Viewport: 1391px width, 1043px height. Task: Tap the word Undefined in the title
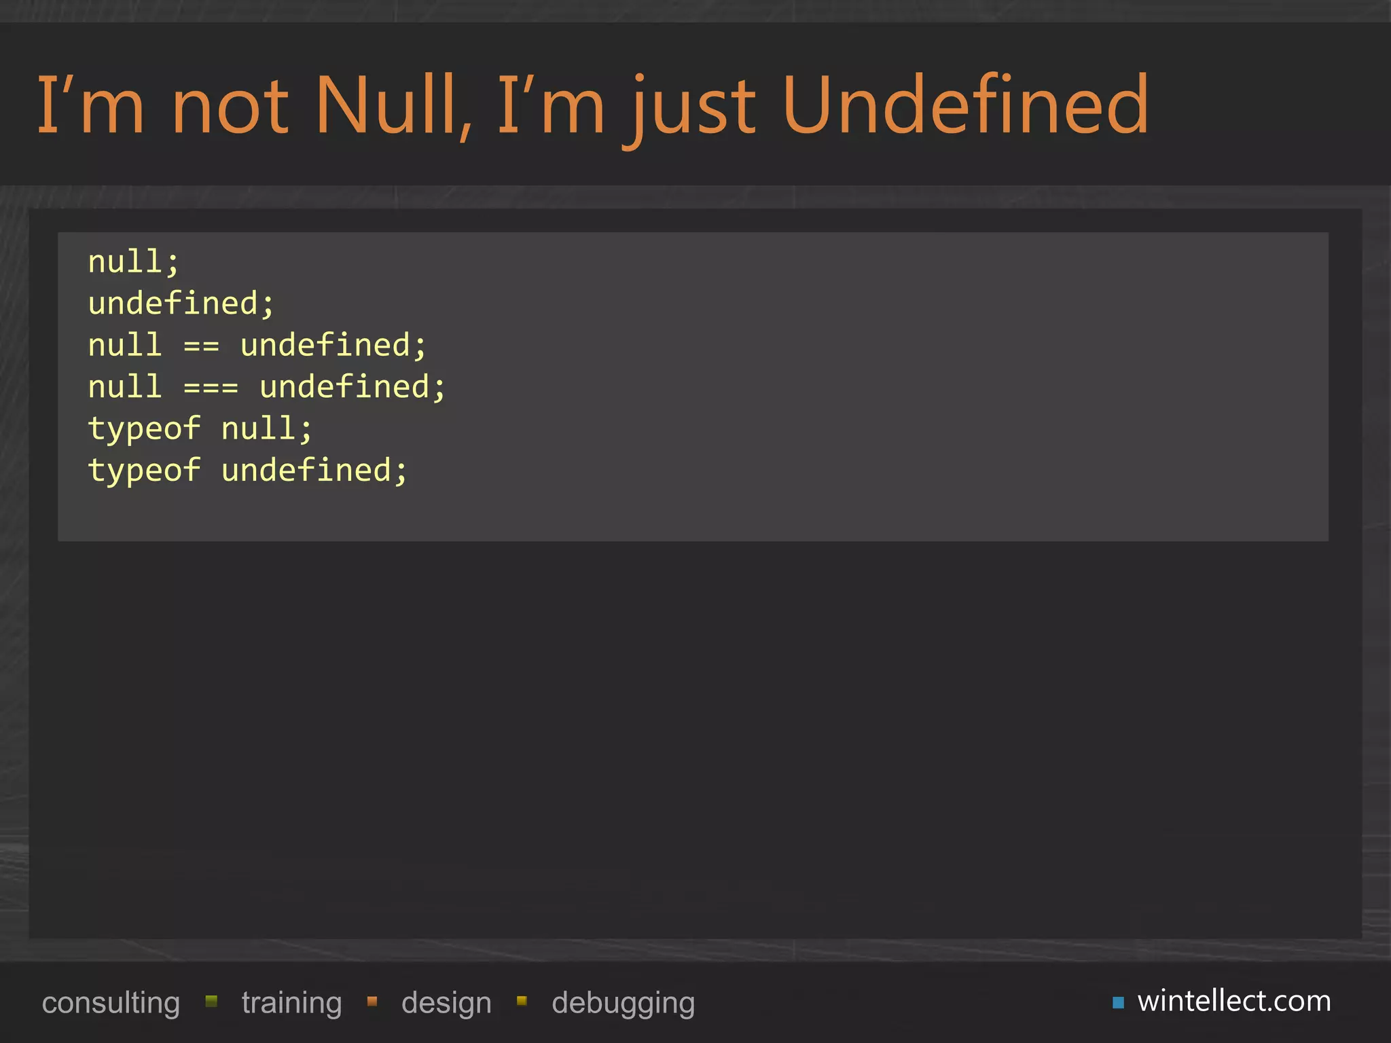(965, 105)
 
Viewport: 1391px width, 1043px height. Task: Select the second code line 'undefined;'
(181, 304)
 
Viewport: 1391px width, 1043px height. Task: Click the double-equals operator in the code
(202, 346)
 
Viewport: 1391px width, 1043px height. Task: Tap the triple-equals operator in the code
(211, 388)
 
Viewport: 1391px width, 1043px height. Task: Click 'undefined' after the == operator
(333, 346)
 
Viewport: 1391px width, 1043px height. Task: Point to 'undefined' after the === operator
(352, 387)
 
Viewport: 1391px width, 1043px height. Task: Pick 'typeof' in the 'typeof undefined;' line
(144, 471)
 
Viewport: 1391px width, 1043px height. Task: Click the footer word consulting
(111, 1003)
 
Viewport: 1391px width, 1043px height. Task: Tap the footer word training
(291, 1003)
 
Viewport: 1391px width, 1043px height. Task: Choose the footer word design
(446, 1003)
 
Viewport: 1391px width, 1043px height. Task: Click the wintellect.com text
(1234, 1001)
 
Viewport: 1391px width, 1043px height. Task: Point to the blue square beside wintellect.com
(1118, 1002)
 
